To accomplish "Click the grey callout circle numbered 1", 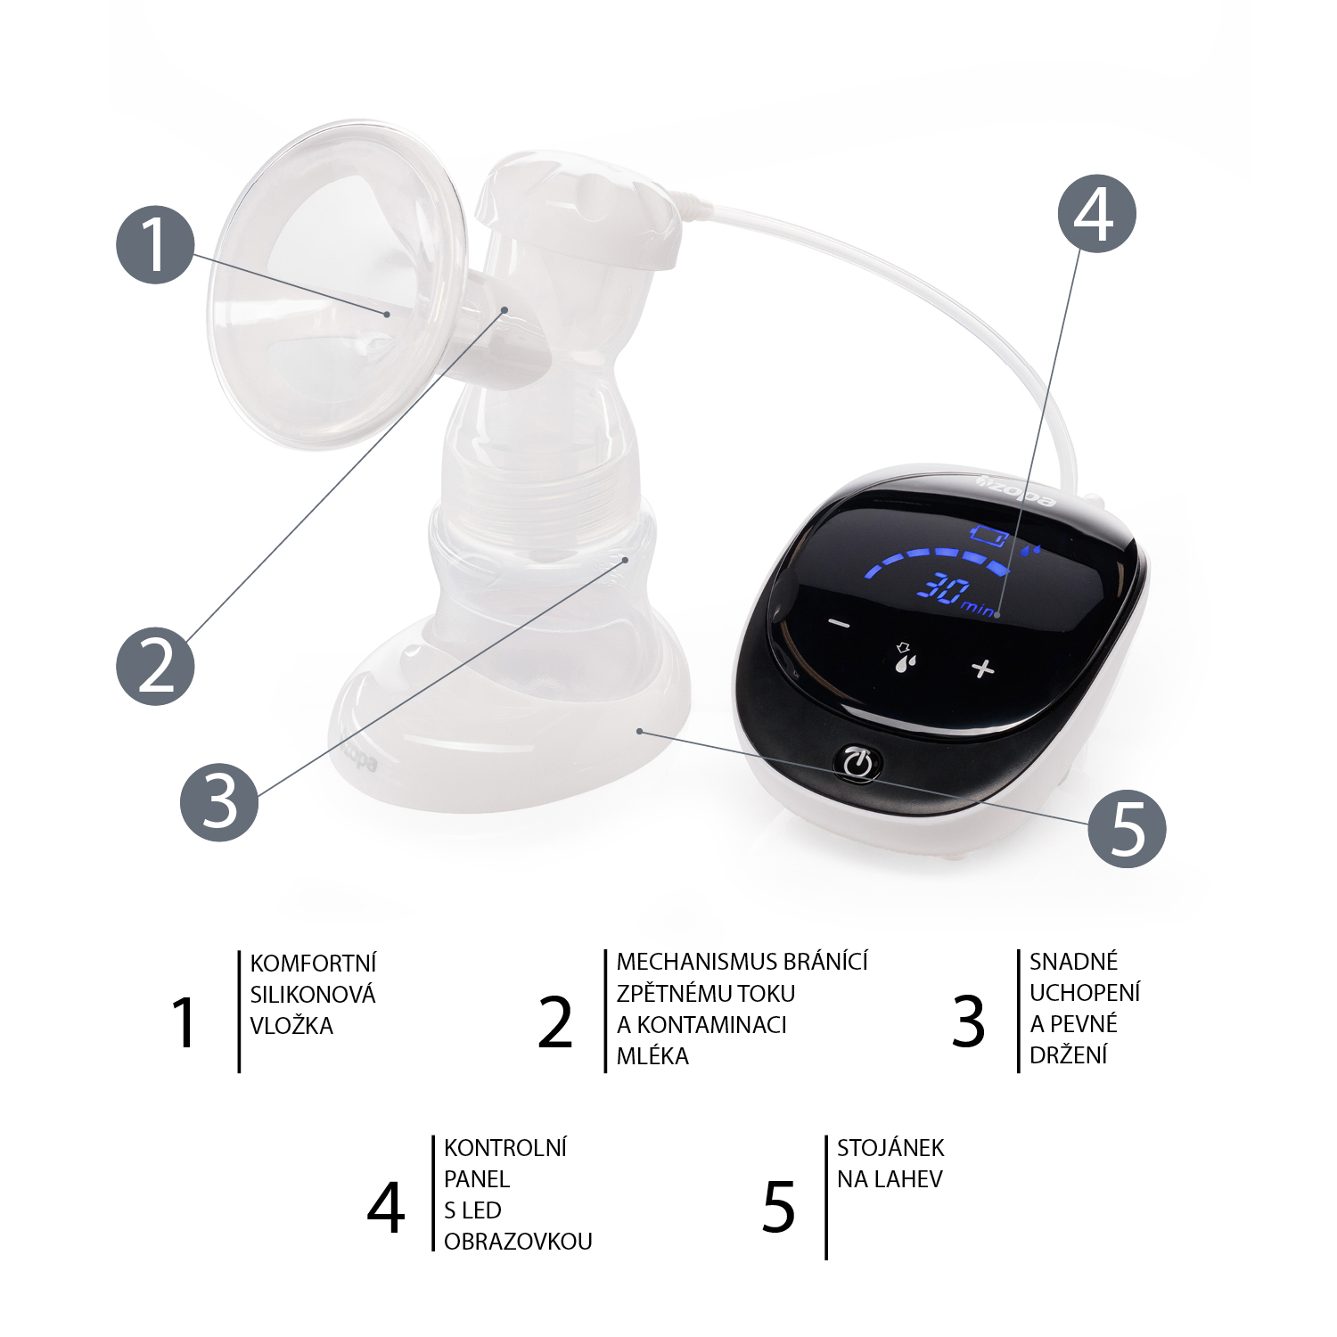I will (x=155, y=245).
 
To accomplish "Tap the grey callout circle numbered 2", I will (x=155, y=666).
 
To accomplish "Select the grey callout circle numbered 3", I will (x=219, y=801).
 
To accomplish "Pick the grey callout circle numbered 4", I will (x=1096, y=214).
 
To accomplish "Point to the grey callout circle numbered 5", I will (x=1127, y=828).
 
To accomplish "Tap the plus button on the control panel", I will (x=982, y=668).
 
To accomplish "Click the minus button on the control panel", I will (x=840, y=623).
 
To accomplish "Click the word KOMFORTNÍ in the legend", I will (x=313, y=964).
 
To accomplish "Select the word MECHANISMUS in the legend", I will (x=683, y=962).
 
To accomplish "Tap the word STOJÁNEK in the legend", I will (x=890, y=1148).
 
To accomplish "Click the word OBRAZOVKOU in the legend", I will (x=518, y=1242).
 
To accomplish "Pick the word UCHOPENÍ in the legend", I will (x=1084, y=993).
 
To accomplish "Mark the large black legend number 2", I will (x=555, y=1022).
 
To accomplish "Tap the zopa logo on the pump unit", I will (x=1017, y=491).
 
